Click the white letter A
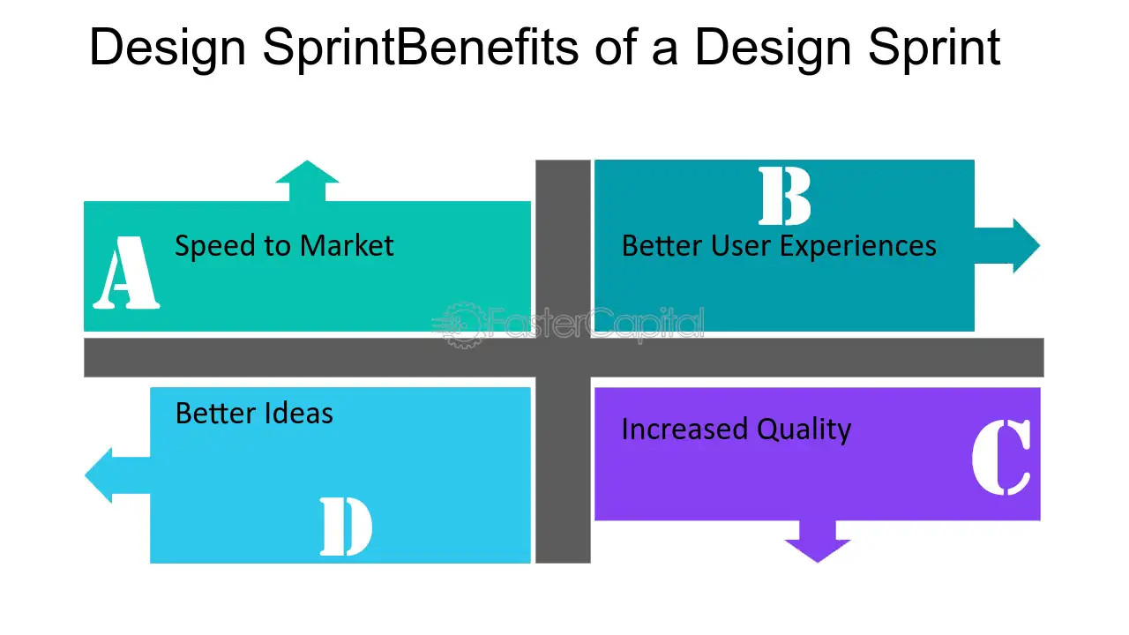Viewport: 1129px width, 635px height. [x=126, y=273]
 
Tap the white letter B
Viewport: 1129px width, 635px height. [x=785, y=196]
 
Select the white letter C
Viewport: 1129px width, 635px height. [x=1001, y=457]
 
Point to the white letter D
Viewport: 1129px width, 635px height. [x=347, y=527]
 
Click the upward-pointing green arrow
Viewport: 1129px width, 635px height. [x=307, y=181]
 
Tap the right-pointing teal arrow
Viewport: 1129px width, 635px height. [x=1007, y=245]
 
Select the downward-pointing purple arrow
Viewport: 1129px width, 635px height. [x=818, y=542]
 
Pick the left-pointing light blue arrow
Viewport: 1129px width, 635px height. [x=117, y=475]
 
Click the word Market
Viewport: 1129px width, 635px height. [x=347, y=246]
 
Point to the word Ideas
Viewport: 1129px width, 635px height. [x=298, y=414]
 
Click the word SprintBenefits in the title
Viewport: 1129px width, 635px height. [x=421, y=48]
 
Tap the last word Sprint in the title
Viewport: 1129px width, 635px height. [x=934, y=48]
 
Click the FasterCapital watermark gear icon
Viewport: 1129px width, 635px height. [x=462, y=325]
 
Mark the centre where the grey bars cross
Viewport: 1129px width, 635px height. [x=563, y=357]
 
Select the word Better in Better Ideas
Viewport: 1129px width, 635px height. [x=216, y=414]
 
